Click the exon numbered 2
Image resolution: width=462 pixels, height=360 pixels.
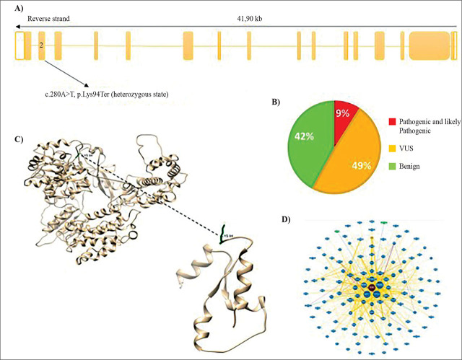point(42,45)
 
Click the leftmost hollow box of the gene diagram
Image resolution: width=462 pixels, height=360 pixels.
point(19,45)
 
